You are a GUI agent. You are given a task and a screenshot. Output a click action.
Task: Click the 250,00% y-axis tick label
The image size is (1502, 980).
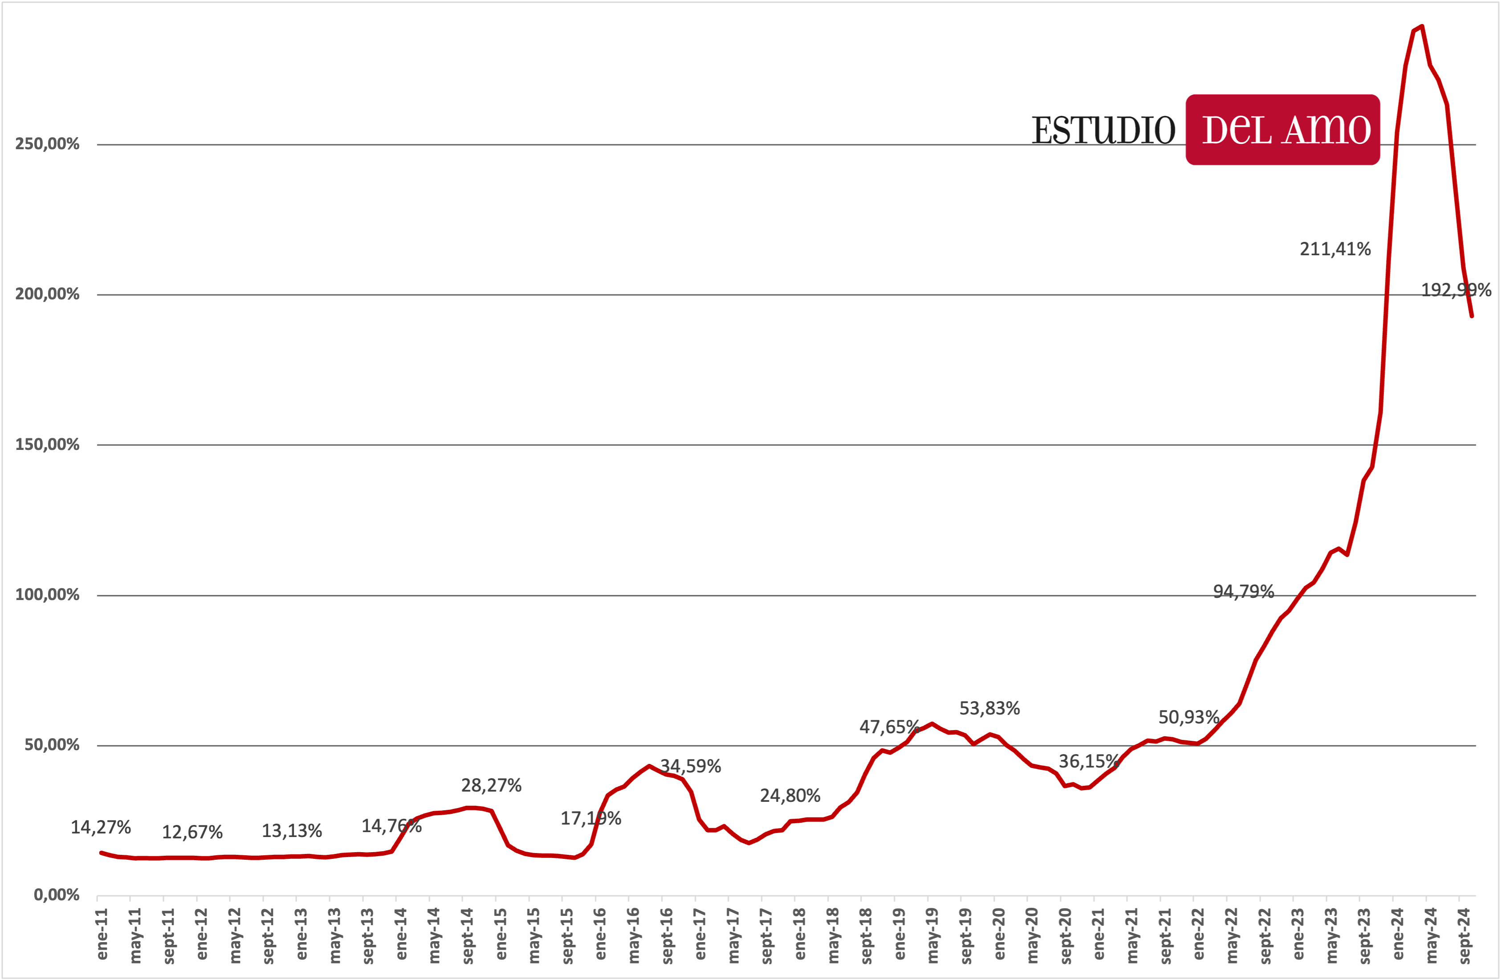point(47,144)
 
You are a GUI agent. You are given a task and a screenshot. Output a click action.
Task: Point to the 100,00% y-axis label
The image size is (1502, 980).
point(47,595)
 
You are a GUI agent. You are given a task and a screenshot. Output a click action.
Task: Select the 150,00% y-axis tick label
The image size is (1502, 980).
point(47,445)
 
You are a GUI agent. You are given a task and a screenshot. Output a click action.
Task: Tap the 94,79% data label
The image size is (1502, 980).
point(1243,592)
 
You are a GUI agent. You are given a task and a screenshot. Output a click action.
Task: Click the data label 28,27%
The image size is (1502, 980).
point(491,785)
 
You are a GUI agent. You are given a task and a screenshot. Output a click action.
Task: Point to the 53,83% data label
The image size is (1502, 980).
point(989,708)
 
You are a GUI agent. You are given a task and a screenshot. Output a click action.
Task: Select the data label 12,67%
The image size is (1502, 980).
point(192,832)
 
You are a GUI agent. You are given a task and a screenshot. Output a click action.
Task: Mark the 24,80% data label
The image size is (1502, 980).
point(790,796)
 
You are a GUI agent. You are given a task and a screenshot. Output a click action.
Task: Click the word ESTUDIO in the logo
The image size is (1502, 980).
point(1103,131)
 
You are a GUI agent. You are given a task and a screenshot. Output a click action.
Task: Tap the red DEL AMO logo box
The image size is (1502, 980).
point(1282,130)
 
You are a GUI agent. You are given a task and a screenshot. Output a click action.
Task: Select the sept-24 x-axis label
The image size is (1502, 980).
point(1465,936)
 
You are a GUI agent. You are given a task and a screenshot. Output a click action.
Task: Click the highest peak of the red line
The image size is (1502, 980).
point(1421,27)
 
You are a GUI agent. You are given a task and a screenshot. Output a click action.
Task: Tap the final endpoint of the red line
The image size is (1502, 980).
point(1472,316)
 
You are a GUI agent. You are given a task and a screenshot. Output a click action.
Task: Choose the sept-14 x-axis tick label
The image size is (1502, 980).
point(468,936)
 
